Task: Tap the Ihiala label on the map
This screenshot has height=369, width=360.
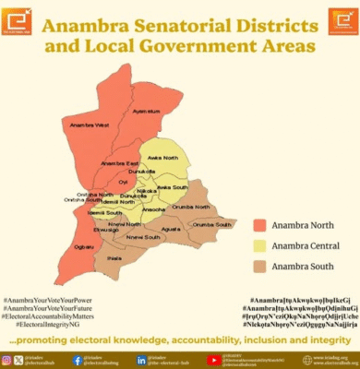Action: point(114,259)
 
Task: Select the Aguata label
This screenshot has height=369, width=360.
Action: point(171,229)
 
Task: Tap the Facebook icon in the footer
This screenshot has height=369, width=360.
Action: point(77,360)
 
